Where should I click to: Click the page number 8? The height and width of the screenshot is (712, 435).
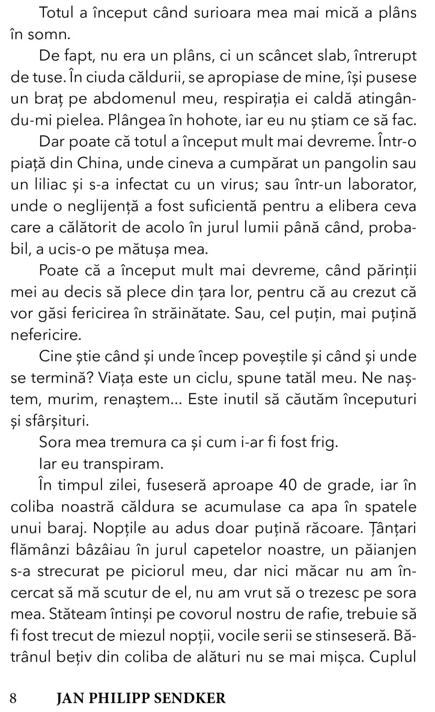14,698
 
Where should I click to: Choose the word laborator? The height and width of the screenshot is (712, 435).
382,185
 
